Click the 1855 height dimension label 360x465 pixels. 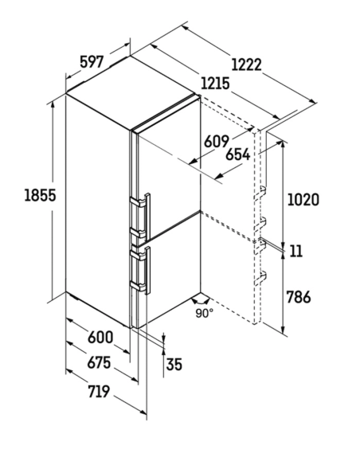(x=40, y=195)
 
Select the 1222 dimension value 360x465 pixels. (x=246, y=64)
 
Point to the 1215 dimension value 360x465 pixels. (x=215, y=84)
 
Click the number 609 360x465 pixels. (x=217, y=141)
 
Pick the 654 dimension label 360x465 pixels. (x=238, y=154)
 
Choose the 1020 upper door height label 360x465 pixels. (x=303, y=200)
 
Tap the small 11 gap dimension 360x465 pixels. (x=295, y=251)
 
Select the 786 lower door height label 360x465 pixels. (x=299, y=297)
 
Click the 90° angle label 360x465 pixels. (x=204, y=313)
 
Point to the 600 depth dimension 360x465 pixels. (x=100, y=337)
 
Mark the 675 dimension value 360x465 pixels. (x=99, y=362)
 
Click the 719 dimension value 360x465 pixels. (x=99, y=392)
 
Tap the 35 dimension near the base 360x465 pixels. (x=174, y=364)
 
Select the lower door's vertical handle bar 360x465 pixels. (x=148, y=270)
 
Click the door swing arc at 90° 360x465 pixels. (x=201, y=303)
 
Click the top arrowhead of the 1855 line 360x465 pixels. (x=53, y=104)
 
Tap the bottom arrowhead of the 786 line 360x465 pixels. (x=284, y=330)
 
